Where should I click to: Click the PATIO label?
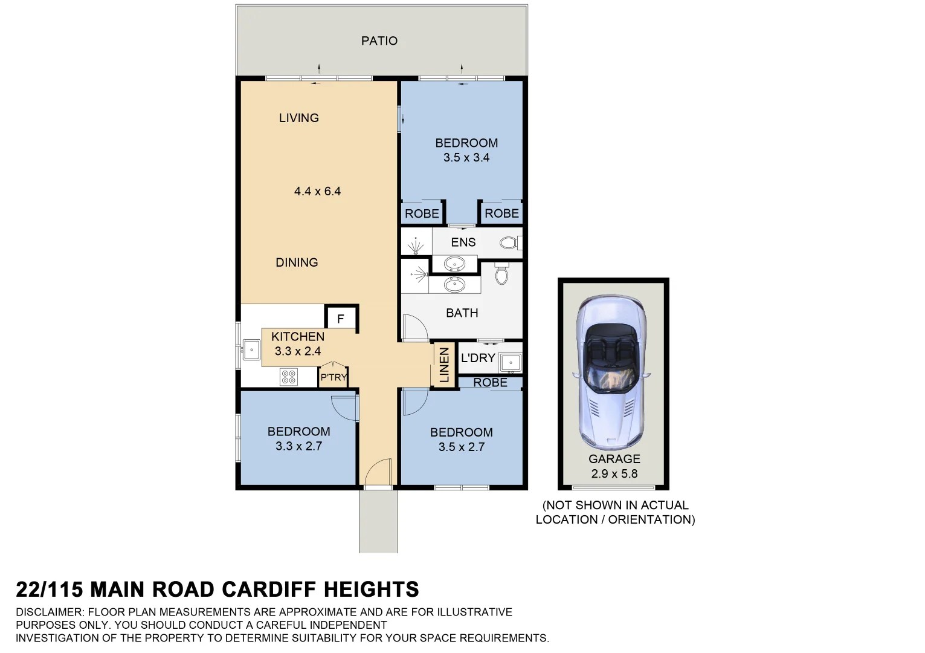point(379,41)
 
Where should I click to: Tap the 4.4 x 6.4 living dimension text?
point(317,191)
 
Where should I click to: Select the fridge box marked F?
point(341,319)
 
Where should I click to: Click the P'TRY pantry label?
point(333,377)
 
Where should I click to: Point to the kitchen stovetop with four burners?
point(289,377)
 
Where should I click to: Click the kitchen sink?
point(251,349)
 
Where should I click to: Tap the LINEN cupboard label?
point(444,365)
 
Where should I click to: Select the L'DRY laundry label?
point(477,358)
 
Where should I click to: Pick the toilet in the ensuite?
point(509,243)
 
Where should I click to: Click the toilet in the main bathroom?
point(501,275)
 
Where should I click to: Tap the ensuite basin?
point(454,264)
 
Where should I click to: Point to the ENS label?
point(463,242)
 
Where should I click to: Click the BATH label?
point(462,313)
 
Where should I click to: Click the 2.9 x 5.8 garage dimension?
point(614,473)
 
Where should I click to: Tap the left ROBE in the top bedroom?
point(422,213)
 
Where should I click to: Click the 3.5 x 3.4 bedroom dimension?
point(466,157)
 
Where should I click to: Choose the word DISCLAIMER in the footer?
point(51,612)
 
